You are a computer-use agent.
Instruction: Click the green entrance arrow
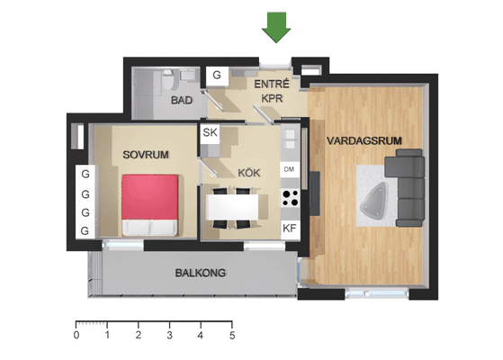pyautogui.click(x=276, y=27)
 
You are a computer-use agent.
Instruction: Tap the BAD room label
pyautogui.click(x=182, y=100)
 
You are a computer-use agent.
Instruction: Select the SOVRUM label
pyautogui.click(x=146, y=155)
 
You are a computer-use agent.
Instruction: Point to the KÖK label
pyautogui.click(x=249, y=173)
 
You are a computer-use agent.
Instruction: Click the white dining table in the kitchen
pyautogui.click(x=232, y=207)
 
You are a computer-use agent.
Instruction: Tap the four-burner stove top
pyautogui.click(x=291, y=198)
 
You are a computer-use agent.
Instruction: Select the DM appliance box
pyautogui.click(x=290, y=169)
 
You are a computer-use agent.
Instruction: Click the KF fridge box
pyautogui.click(x=290, y=229)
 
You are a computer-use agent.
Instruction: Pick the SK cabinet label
pyautogui.click(x=211, y=132)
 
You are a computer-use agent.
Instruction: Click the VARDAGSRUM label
pyautogui.click(x=364, y=140)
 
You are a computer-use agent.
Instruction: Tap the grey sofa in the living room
pyautogui.click(x=406, y=188)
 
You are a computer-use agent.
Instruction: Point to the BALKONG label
pyautogui.click(x=201, y=273)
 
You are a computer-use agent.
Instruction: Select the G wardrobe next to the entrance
pyautogui.click(x=217, y=76)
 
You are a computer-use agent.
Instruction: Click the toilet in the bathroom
pyautogui.click(x=168, y=79)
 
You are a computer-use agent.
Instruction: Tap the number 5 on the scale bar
pyautogui.click(x=232, y=336)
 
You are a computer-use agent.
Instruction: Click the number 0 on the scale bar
pyautogui.click(x=76, y=335)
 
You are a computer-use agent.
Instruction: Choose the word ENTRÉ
pyautogui.click(x=272, y=84)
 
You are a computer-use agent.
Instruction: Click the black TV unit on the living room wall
pyautogui.click(x=314, y=193)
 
